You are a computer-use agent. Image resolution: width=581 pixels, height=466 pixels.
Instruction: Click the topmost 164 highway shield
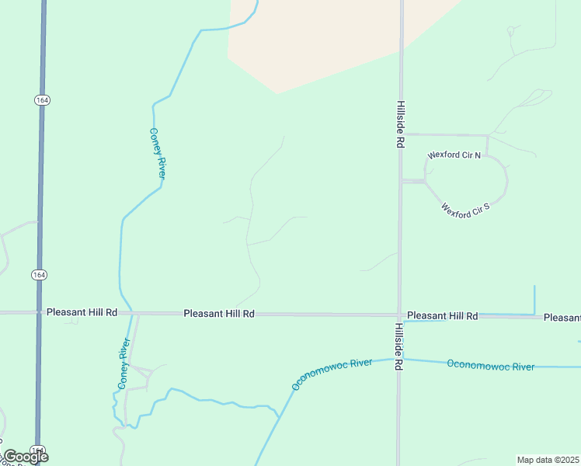click(42, 99)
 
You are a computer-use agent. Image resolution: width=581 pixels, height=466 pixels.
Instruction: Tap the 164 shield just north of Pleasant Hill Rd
click(39, 275)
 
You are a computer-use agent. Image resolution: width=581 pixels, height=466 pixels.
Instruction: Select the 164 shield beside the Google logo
click(37, 450)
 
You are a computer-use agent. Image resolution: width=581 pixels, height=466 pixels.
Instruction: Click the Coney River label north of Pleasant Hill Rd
click(158, 154)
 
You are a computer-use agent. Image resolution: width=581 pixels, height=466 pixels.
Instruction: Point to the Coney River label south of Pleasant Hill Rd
click(122, 363)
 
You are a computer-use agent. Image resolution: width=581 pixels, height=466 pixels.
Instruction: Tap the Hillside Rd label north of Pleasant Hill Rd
click(401, 124)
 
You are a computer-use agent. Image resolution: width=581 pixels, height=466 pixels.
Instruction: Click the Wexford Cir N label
click(454, 155)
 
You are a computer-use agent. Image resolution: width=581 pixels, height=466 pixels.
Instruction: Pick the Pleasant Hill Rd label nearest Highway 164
click(82, 312)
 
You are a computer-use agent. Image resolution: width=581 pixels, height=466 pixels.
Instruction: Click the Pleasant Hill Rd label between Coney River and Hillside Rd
click(219, 314)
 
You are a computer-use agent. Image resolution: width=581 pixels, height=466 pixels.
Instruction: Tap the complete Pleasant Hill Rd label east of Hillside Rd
click(442, 316)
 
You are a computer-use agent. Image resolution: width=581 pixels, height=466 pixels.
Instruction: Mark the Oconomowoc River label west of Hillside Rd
click(332, 374)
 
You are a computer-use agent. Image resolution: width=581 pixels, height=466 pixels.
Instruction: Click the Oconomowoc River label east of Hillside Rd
click(490, 365)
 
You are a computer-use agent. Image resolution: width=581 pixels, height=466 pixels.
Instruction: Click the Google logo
click(26, 457)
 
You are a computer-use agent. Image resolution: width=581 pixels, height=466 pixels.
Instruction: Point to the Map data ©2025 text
click(548, 460)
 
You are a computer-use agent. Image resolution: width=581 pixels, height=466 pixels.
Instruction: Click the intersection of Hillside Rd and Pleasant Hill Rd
click(399, 315)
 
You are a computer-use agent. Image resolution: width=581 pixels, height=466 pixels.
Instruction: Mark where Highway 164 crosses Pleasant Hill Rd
click(39, 312)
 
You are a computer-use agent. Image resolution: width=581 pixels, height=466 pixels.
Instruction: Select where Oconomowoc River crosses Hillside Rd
click(399, 359)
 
